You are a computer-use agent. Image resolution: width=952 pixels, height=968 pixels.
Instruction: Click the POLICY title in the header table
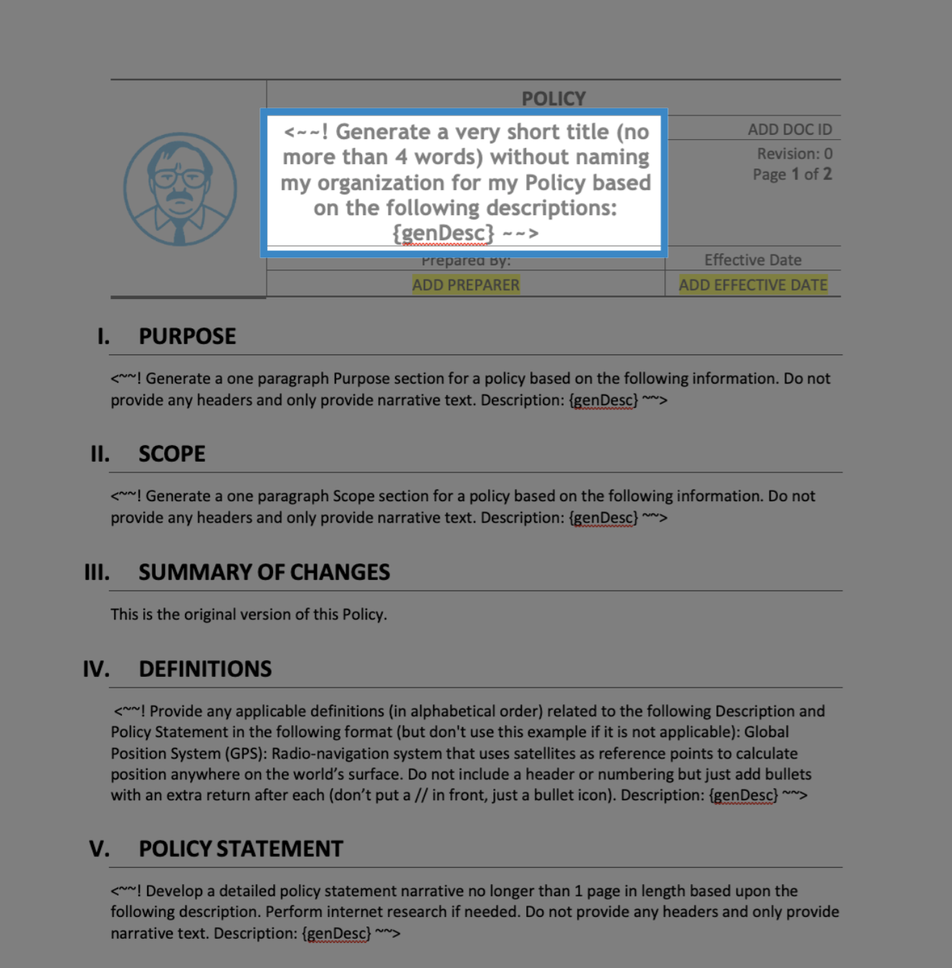click(x=553, y=98)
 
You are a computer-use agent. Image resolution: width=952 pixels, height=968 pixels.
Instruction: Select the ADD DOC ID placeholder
click(x=789, y=130)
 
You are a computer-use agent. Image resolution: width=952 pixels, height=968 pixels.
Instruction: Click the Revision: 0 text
click(x=794, y=153)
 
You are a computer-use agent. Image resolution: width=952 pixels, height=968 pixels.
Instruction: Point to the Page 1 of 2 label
click(x=791, y=174)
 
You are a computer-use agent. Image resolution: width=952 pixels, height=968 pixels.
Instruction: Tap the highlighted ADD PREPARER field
click(x=466, y=285)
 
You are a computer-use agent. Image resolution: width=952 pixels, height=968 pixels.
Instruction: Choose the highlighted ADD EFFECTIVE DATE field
click(x=753, y=285)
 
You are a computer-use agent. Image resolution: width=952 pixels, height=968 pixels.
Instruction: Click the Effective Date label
click(x=753, y=260)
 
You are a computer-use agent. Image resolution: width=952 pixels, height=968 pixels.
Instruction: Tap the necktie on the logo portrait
click(x=179, y=231)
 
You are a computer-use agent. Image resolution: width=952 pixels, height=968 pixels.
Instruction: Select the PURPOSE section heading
click(x=187, y=336)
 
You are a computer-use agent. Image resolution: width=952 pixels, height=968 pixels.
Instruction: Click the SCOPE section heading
click(x=172, y=454)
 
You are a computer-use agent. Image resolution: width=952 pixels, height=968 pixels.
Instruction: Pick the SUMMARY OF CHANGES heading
click(x=264, y=572)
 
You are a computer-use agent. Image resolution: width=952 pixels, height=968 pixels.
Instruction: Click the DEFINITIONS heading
click(x=205, y=669)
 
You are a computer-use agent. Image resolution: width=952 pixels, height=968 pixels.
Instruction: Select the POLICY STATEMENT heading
click(x=241, y=849)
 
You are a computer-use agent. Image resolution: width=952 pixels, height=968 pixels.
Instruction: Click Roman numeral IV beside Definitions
click(x=96, y=669)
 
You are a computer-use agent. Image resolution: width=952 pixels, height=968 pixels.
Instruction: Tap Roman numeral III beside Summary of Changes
click(x=97, y=572)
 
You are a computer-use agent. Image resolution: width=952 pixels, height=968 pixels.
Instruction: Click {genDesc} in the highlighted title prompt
click(x=443, y=233)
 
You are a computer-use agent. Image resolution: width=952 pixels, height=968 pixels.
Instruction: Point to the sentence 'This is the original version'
click(x=248, y=615)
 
